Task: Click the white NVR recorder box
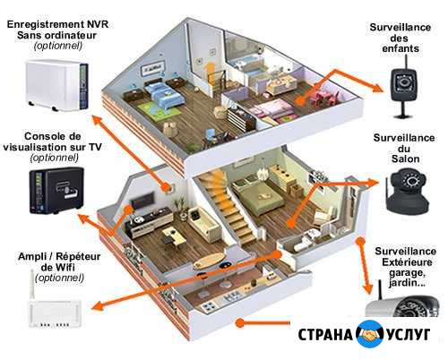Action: coord(56,85)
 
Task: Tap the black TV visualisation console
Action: coord(56,191)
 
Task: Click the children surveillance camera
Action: coord(404,87)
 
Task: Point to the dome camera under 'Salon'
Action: coord(407,191)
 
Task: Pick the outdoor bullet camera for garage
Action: coord(402,305)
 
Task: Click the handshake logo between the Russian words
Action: coord(370,334)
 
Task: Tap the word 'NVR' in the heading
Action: coord(98,24)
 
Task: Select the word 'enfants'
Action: coord(401,48)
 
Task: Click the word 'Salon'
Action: coord(405,159)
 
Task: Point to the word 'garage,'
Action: coord(407,273)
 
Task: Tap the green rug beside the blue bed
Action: coord(159,112)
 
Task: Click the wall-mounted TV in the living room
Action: coord(142,200)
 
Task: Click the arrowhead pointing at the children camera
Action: coord(377,87)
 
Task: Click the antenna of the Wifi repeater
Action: coord(32,285)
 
